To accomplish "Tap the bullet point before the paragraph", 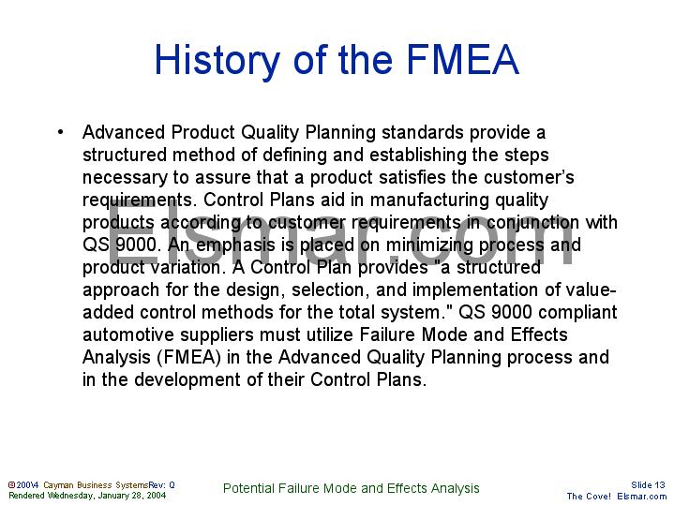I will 59,132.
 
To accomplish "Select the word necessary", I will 120,177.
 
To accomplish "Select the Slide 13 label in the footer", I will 647,484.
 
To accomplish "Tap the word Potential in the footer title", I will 248,488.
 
